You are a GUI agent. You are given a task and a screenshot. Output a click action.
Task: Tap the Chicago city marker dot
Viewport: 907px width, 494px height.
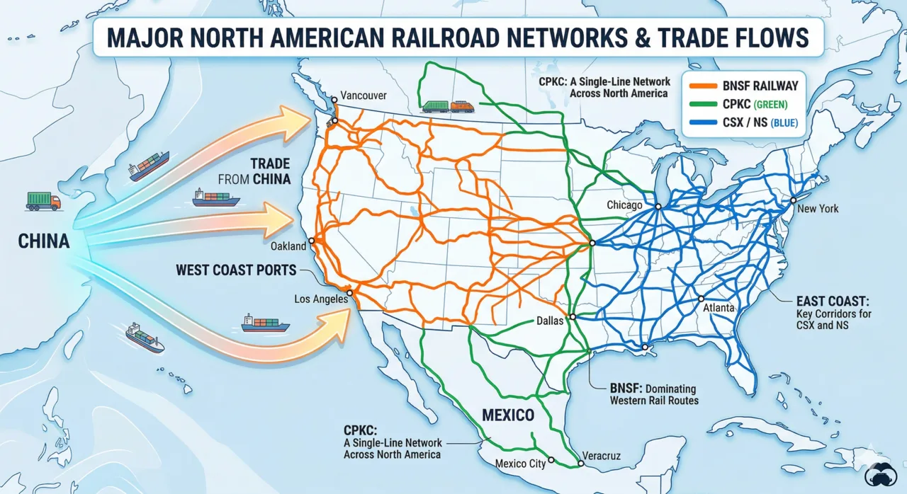click(658, 206)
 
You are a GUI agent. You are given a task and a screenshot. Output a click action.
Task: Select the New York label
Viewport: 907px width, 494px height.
click(818, 209)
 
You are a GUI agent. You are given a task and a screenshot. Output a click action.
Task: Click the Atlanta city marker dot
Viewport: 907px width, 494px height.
click(699, 299)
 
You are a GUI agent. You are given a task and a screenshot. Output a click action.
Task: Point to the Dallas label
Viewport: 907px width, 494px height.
click(549, 321)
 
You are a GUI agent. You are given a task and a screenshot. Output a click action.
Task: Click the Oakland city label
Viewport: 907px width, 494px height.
click(288, 246)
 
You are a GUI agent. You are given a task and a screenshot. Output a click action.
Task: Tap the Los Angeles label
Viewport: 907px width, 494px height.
click(321, 299)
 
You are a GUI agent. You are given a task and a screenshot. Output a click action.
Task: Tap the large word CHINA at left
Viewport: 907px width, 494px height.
click(44, 242)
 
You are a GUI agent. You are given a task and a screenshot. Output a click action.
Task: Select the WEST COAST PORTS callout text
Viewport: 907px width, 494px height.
click(237, 270)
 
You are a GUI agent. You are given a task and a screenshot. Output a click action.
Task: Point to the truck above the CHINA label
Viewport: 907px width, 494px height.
click(43, 201)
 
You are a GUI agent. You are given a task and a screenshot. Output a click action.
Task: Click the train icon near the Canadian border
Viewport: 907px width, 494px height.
click(447, 106)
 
